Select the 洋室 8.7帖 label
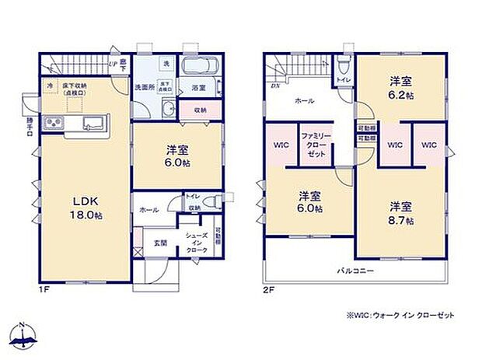tap(401, 213)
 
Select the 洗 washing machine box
tap(166, 62)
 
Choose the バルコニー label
tap(355, 271)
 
